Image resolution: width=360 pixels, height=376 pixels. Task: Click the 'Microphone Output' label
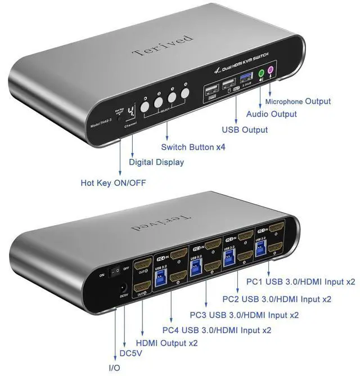click(x=298, y=101)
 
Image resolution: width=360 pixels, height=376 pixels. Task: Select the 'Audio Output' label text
click(x=271, y=114)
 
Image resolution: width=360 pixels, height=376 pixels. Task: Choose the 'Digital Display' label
click(x=156, y=162)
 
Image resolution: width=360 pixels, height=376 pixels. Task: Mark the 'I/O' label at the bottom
click(x=114, y=368)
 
